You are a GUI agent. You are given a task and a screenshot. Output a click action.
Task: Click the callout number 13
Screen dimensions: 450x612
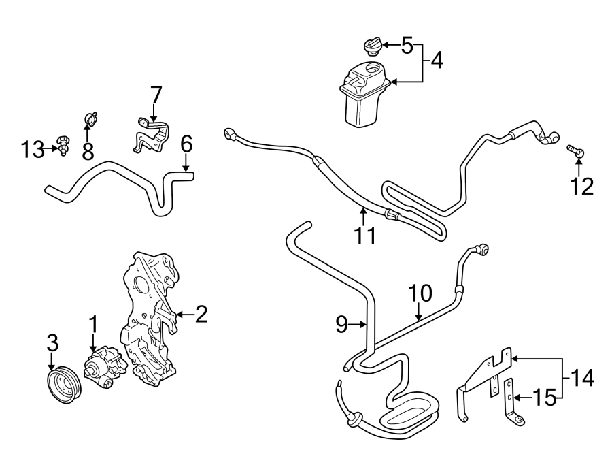tap(31, 148)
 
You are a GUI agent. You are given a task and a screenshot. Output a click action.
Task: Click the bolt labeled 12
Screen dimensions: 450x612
tap(576, 152)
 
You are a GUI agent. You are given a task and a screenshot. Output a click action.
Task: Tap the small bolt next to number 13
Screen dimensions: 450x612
tap(62, 145)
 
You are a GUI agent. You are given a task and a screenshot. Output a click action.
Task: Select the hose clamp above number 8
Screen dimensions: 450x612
tap(90, 119)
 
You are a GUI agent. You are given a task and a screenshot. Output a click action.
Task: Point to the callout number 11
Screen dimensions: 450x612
tap(364, 235)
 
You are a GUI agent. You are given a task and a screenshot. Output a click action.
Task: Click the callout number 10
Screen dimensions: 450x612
tap(420, 293)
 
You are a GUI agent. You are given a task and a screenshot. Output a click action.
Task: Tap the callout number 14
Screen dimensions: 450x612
tap(583, 377)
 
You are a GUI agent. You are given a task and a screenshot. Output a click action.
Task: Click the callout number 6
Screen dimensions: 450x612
tap(186, 144)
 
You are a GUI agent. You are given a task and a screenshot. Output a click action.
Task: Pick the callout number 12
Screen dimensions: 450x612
tap(581, 186)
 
